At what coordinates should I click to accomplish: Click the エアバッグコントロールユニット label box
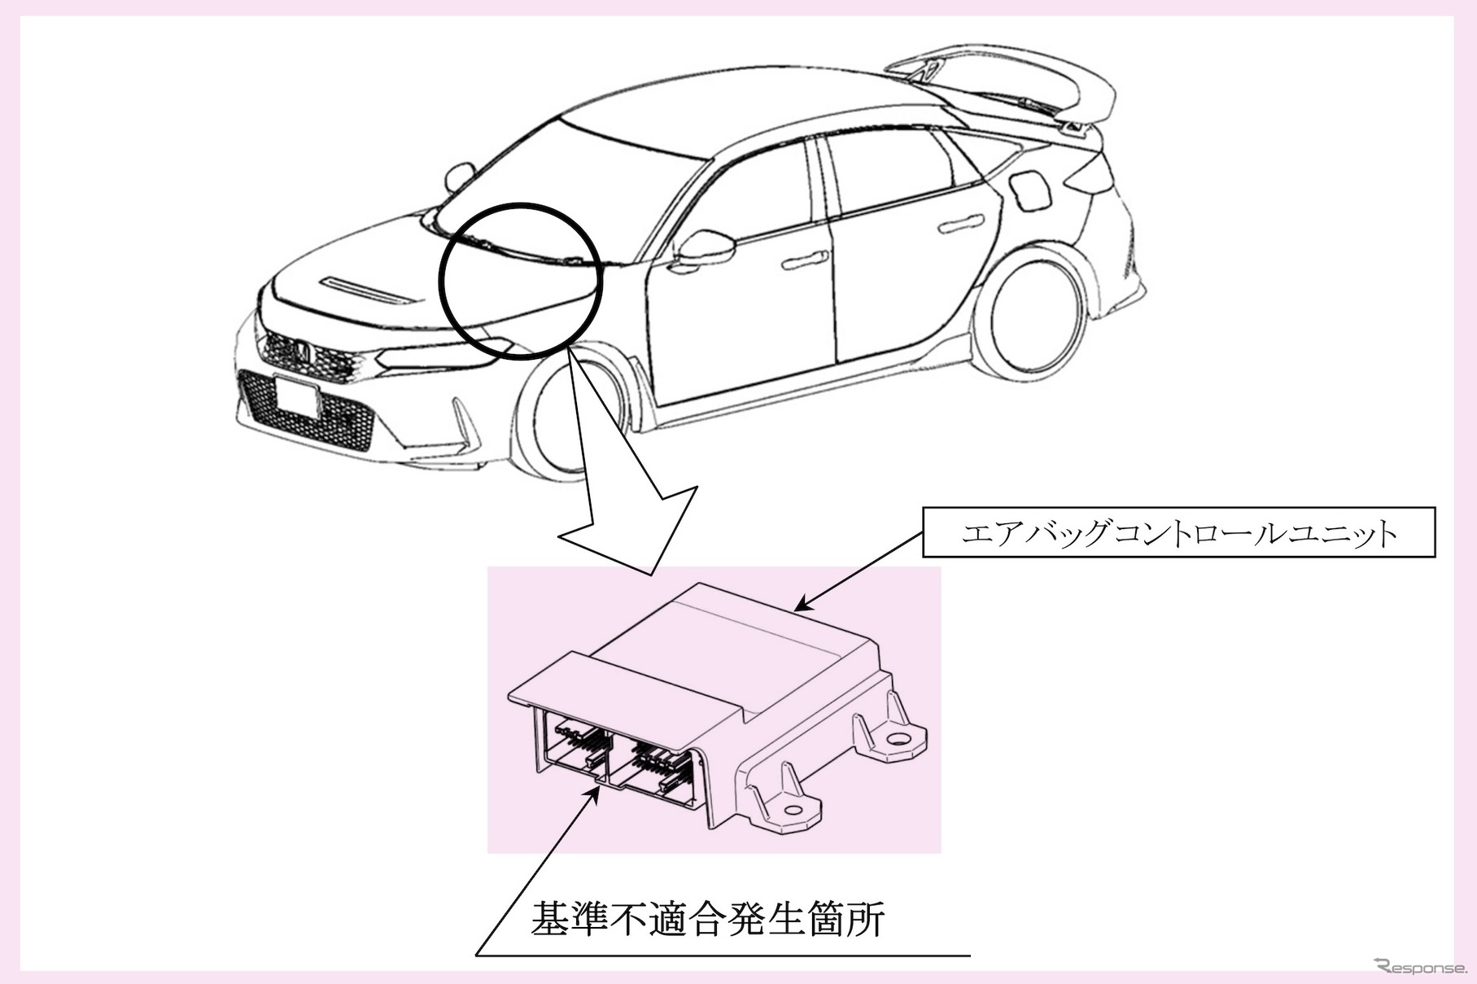(1178, 533)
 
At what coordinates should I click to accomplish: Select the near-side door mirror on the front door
(701, 247)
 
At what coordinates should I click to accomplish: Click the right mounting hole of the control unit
(899, 740)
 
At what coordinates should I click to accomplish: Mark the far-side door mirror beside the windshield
(459, 174)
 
